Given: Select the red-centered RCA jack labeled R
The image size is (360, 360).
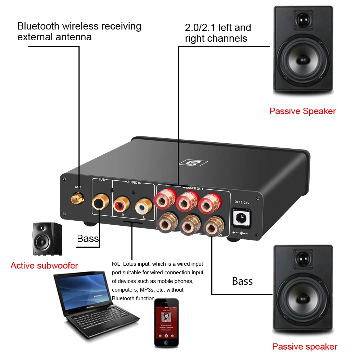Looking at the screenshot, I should point(120,206).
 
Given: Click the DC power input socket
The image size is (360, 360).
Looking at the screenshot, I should point(242,218).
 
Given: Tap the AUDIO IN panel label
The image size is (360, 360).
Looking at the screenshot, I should point(134,183).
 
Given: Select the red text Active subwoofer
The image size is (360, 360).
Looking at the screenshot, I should point(44,266).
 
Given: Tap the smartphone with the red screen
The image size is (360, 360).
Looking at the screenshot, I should point(167,323).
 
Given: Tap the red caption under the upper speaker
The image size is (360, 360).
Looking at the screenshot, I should point(302,111).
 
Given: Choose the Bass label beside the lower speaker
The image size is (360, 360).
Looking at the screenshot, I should point(242,281).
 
